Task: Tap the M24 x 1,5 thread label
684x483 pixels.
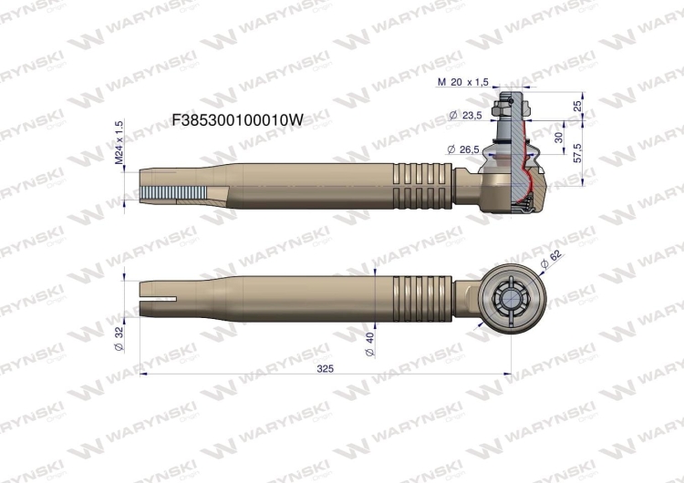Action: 119,143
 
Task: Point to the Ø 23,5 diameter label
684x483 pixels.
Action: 466,116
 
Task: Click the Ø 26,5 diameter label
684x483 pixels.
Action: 465,149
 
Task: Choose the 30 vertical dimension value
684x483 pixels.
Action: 558,136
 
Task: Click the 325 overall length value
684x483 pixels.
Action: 325,368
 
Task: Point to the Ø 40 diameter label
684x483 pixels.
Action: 369,344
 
